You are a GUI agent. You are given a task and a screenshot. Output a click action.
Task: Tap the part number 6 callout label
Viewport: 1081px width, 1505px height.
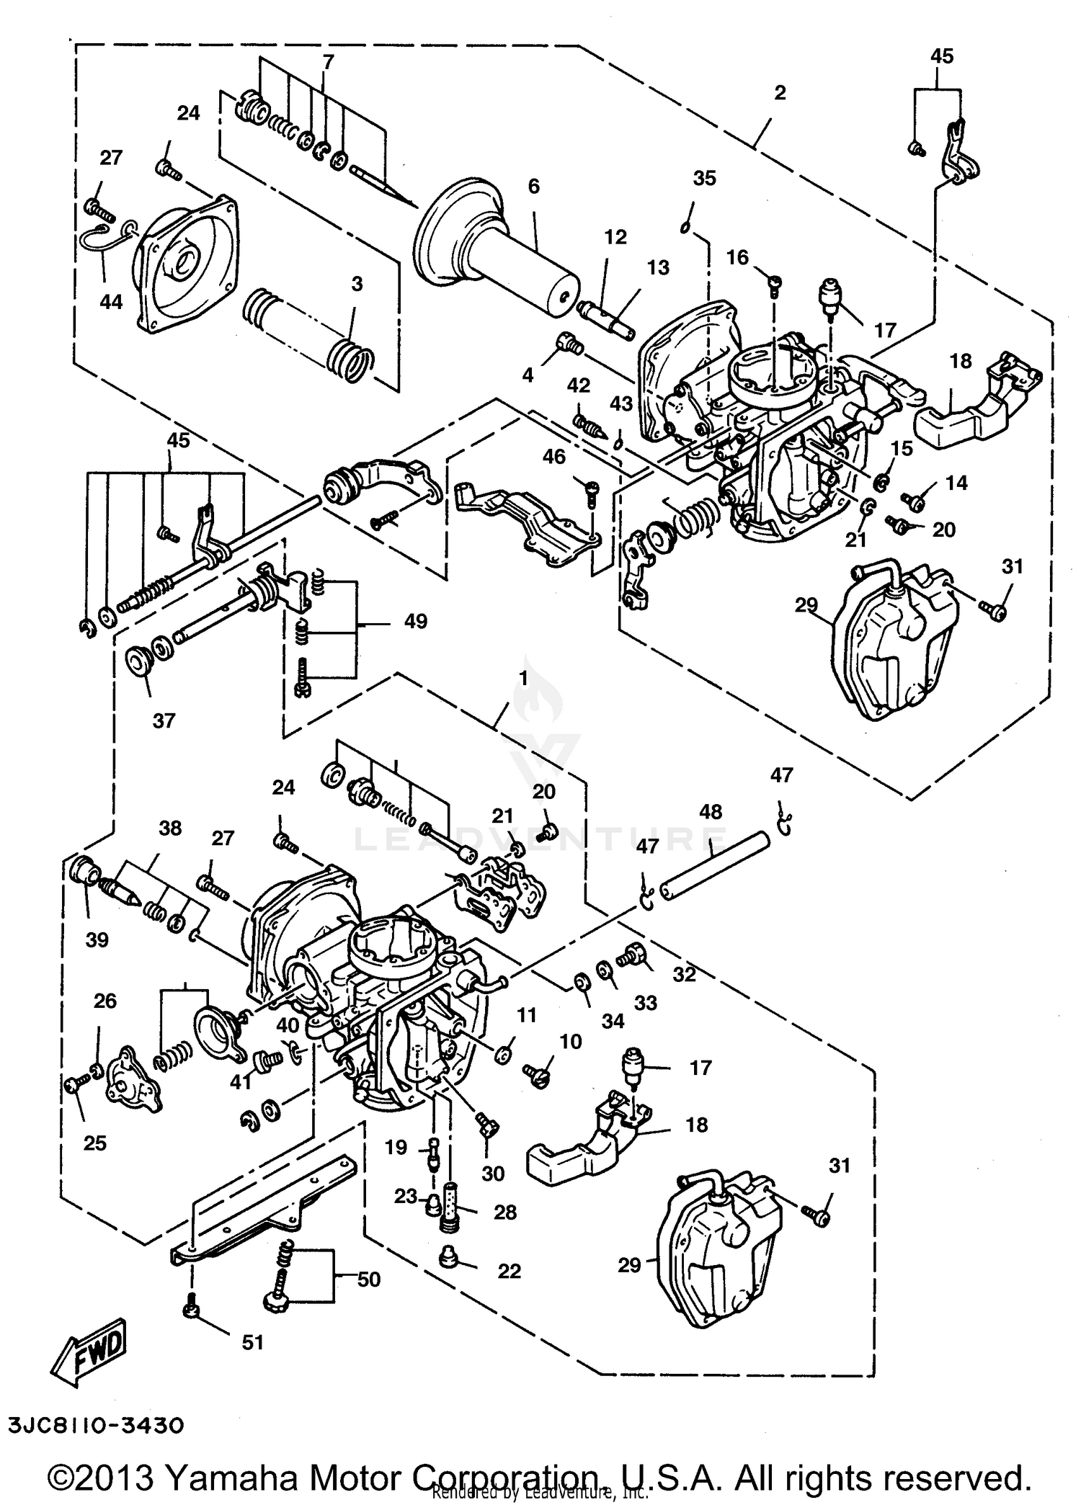point(533,187)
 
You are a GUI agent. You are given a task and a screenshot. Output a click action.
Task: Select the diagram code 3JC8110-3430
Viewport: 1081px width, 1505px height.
point(95,1426)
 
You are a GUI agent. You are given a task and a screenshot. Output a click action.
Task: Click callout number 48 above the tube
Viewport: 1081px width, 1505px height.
point(711,812)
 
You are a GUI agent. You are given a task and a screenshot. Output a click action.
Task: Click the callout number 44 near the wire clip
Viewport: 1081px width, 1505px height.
point(111,303)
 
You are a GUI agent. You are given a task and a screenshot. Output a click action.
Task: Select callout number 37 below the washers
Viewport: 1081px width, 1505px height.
point(164,720)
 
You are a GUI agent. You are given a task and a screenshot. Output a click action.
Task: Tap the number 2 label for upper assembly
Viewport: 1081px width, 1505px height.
point(780,93)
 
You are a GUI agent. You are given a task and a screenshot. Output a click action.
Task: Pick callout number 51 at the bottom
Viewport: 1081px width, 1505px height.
point(253,1342)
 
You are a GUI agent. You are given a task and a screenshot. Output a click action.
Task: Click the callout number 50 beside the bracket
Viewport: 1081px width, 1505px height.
point(369,1280)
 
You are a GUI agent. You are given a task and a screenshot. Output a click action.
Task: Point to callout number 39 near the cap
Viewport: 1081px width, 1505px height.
point(97,939)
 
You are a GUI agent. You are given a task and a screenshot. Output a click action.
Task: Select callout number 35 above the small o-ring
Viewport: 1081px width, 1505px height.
point(704,178)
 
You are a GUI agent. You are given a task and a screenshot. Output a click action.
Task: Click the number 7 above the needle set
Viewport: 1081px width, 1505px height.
point(329,62)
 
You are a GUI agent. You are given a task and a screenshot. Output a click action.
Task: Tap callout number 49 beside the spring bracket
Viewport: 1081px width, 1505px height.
point(415,620)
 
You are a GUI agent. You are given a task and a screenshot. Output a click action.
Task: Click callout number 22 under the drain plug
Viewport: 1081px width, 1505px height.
point(509,1272)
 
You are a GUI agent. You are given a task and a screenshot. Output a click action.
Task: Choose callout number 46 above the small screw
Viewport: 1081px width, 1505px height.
point(553,456)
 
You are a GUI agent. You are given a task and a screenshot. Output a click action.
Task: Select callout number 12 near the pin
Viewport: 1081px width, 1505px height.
point(615,237)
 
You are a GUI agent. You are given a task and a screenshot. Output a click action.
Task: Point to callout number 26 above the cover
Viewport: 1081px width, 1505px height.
point(105,1001)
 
